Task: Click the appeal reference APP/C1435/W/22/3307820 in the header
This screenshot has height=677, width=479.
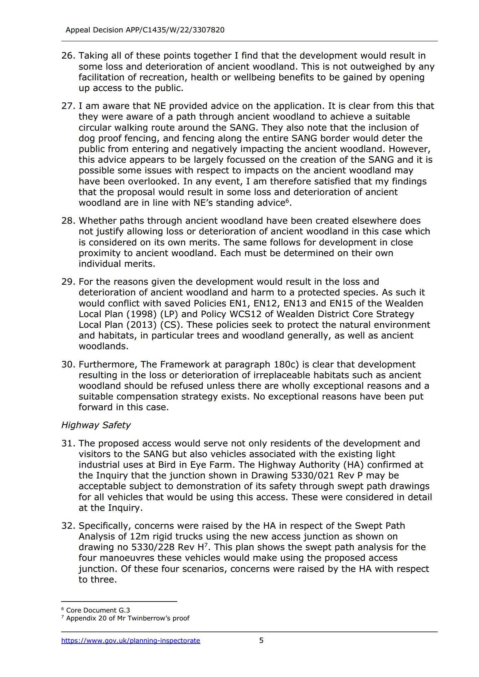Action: coord(175,30)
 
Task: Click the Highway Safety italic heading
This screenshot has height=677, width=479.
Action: coord(96,425)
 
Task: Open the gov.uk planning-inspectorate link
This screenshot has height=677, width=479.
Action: coord(131,640)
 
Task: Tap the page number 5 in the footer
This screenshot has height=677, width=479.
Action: coord(261,640)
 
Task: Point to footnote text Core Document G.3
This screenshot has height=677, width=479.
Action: coord(98,610)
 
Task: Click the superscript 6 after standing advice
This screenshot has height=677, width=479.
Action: coord(287,201)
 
